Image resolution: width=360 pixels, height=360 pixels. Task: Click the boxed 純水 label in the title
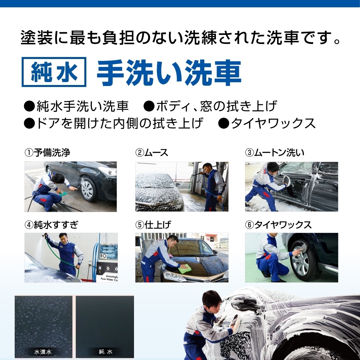click(54, 72)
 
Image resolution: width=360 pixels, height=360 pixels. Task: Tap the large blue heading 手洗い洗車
click(169, 73)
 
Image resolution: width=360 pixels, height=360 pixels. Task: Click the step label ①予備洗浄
click(47, 153)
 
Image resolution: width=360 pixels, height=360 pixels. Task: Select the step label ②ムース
click(152, 153)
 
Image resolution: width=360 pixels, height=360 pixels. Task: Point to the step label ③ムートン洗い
click(275, 153)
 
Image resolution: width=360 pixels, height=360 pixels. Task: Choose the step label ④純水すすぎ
click(51, 225)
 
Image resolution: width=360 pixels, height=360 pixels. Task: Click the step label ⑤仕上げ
click(153, 225)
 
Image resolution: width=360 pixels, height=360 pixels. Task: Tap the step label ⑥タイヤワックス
click(278, 225)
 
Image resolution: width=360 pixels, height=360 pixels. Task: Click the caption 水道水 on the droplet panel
click(43, 352)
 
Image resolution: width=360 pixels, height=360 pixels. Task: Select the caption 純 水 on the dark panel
click(105, 352)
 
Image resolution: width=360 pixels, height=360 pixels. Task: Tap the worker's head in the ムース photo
click(207, 168)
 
